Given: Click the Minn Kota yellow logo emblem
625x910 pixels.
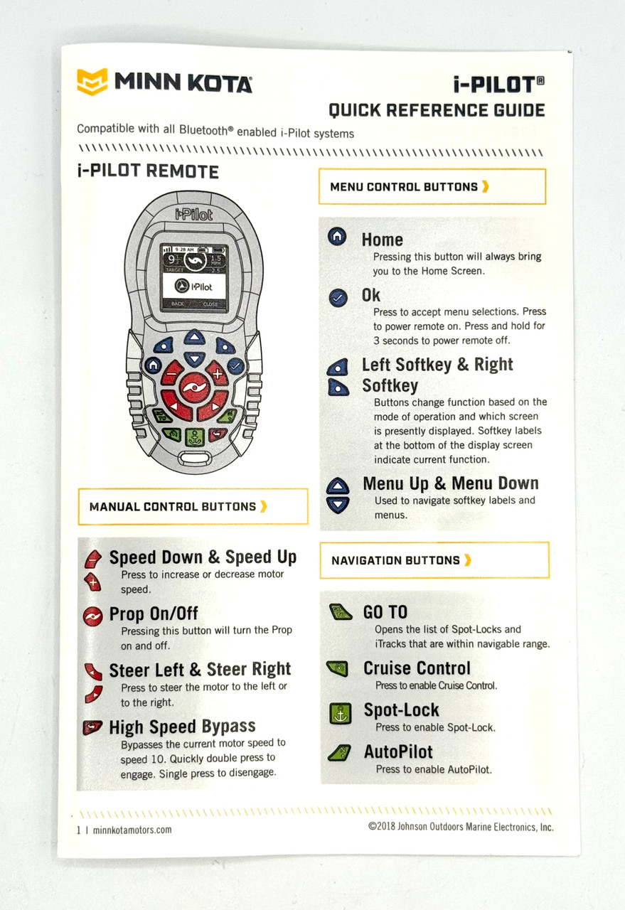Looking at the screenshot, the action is pos(92,81).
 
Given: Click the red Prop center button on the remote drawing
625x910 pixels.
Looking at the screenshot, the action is pos(195,387).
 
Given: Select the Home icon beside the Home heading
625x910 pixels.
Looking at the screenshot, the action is pos(337,237).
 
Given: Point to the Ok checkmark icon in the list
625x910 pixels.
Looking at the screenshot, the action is pos(338,298).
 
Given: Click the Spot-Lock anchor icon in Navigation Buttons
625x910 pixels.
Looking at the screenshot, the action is pos(340,714).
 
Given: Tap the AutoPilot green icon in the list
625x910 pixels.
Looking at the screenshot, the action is pos(339,753).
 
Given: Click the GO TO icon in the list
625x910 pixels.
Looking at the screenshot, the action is pos(340,612).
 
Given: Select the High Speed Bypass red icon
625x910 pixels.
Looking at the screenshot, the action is pos(92,727).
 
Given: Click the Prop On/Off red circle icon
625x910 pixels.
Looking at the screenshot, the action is pos(93,616).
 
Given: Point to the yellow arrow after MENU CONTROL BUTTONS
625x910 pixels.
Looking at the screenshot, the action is pos(485,186).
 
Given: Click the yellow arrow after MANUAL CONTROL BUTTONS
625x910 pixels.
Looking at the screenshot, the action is pos(264,506).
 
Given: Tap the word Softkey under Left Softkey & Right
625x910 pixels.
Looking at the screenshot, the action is pos(390,385).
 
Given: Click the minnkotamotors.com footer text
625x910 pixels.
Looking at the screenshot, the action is pos(132,830).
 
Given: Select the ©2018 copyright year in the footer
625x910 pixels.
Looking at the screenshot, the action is pos(382,826).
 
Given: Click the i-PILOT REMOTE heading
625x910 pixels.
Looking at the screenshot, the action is pos(148,171).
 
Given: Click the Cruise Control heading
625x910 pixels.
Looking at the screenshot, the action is pos(417,668).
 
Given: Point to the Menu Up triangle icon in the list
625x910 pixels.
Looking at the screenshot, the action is pos(338,486).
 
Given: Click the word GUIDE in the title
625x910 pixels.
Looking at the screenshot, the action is pos(519,110).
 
